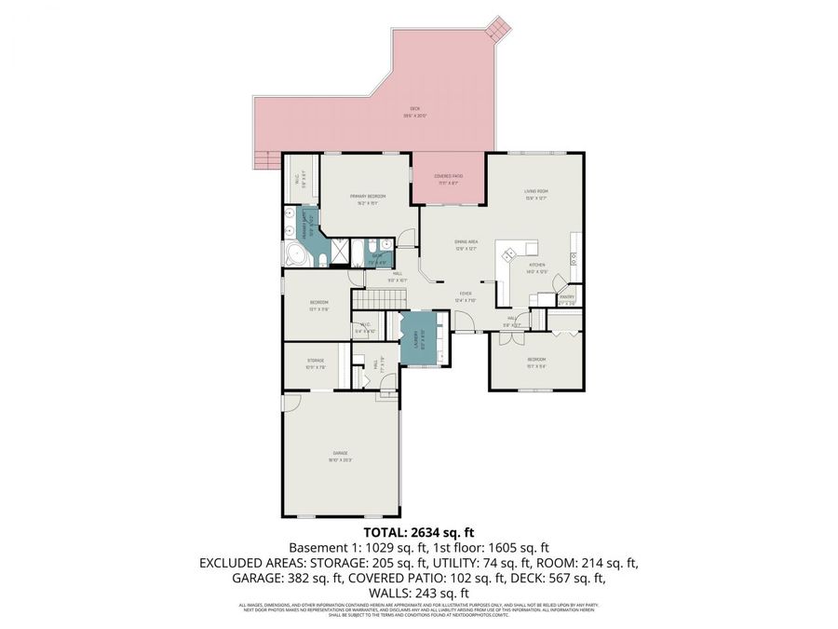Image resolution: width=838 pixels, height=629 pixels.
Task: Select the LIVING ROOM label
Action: pos(535,193)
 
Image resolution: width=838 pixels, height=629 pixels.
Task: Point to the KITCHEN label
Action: pos(537,268)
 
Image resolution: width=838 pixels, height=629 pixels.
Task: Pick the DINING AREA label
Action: pos(466,244)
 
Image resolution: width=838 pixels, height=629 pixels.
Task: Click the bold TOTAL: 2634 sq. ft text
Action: pos(419,533)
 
